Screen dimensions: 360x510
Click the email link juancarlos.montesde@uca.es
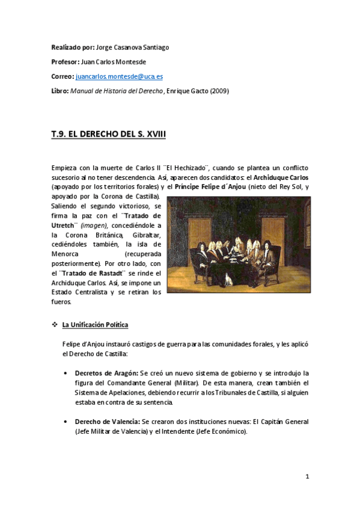tap(119, 77)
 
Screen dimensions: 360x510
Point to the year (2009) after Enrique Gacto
tap(218, 91)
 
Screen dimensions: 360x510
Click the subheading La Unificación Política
tap(95, 325)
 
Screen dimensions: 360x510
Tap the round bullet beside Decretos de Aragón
tap(66, 373)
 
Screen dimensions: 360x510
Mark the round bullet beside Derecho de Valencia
tap(66, 422)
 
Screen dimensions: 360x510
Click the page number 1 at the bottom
tap(307, 477)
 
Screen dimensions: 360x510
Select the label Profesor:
tap(65, 62)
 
